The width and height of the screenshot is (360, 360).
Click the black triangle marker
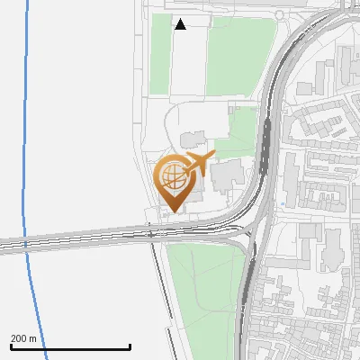point(180,24)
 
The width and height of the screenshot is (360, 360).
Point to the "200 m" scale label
point(23,338)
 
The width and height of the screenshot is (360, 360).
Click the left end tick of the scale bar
point(12,346)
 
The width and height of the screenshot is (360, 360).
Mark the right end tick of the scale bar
point(130,346)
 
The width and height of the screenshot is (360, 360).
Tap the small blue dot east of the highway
point(282,204)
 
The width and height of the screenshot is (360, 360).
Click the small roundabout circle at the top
point(279,14)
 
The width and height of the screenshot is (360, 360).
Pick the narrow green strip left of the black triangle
point(159,54)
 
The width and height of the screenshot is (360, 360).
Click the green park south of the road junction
point(205,288)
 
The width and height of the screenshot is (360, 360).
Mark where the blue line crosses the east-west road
point(24,245)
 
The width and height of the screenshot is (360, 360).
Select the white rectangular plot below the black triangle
point(188,63)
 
